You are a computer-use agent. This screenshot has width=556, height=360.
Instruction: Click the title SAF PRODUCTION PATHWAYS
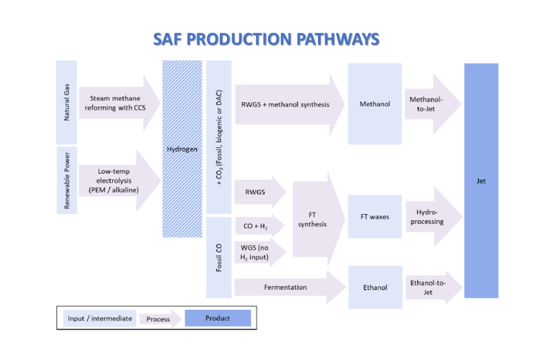coord(266,40)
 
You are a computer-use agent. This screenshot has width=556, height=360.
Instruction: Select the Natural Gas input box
coord(66,103)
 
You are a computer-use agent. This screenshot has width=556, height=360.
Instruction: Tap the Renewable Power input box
coord(67,181)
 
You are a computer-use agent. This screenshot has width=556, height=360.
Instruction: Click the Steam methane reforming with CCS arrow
coord(115,103)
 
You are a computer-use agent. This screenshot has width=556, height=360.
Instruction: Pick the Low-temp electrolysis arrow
coord(115,181)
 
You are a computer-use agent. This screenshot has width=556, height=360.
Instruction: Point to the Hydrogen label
coord(182,149)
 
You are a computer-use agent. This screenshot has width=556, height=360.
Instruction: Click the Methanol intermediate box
coord(374,104)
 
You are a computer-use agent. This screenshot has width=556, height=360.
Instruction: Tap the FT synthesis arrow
coord(312,220)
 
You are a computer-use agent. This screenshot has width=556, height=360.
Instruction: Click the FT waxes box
coord(374,217)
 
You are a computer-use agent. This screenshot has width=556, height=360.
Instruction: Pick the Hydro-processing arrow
coord(428,217)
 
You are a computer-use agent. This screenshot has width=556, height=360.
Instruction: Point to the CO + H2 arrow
coord(256,226)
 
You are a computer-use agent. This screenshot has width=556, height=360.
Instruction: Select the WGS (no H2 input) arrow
coord(256,253)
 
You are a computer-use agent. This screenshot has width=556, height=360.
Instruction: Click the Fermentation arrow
coord(286,287)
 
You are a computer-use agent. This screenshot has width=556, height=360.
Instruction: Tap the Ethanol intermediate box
coord(375,287)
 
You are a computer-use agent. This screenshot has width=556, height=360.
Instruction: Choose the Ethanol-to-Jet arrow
coord(428,287)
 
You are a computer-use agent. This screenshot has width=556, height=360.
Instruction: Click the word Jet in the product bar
coord(481,181)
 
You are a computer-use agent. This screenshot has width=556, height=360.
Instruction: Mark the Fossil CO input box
coord(219,258)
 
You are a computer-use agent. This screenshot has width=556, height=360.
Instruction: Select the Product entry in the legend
coord(218,318)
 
